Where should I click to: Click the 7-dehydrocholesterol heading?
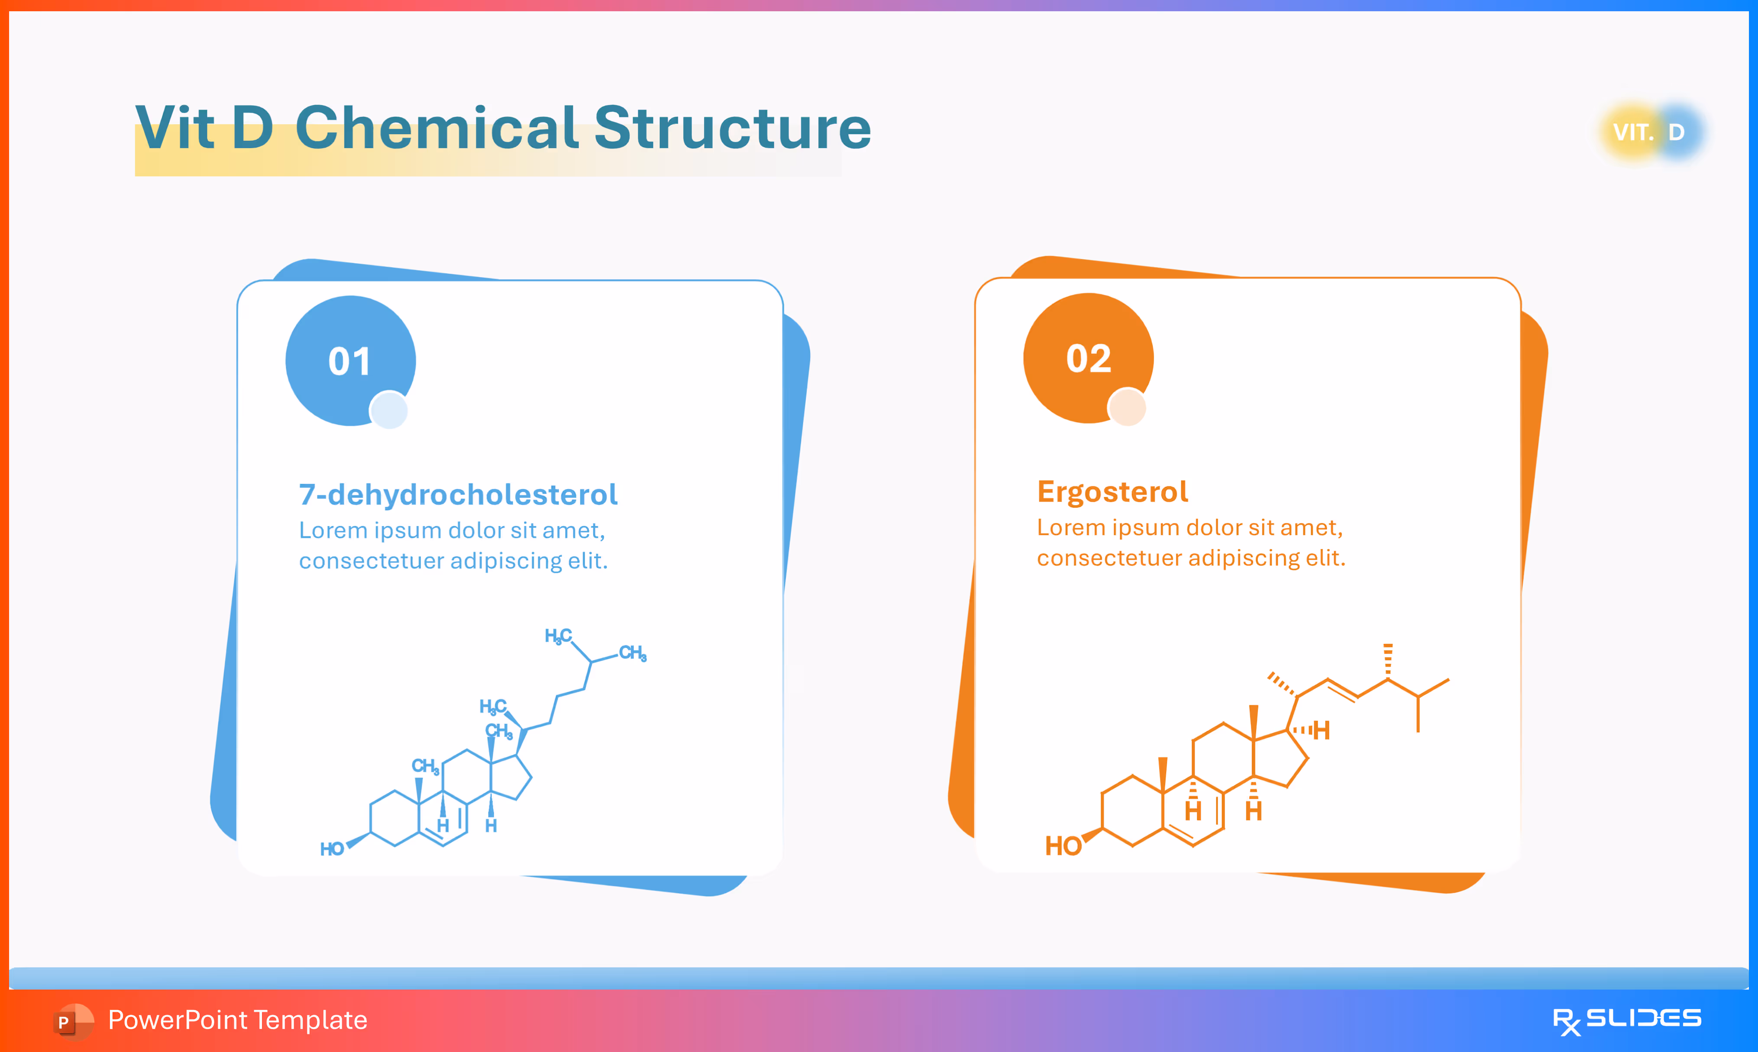pyautogui.click(x=458, y=494)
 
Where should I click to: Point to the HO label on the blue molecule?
pyautogui.click(x=332, y=849)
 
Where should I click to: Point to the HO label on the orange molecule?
pyautogui.click(x=1063, y=845)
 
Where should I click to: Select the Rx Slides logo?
pyautogui.click(x=1626, y=1020)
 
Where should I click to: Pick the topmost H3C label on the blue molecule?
pyautogui.click(x=557, y=636)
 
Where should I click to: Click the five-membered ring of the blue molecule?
pyautogui.click(x=511, y=777)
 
